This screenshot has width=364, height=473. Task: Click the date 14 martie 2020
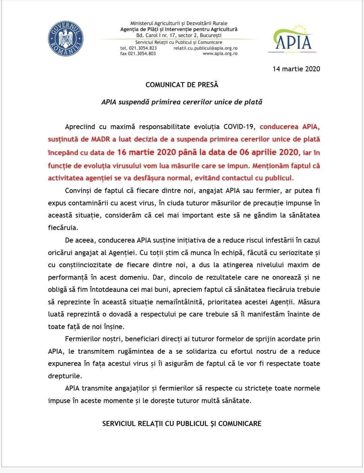pos(296,69)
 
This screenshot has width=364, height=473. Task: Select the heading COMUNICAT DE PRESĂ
pos(182,85)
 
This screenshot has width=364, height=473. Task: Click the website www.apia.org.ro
pos(220,53)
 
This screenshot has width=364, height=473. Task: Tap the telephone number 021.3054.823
pos(142,48)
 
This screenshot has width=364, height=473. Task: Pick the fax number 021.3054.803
pos(142,53)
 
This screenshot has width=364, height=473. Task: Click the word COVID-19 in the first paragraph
pos(240,127)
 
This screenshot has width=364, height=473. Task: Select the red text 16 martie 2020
pos(146,152)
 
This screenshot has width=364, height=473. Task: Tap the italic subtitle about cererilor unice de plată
pos(182,101)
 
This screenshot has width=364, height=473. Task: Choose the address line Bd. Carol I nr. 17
pos(179,35)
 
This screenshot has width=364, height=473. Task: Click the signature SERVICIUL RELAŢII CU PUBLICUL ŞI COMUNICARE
pos(182,423)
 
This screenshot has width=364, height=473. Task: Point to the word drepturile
pos(65,376)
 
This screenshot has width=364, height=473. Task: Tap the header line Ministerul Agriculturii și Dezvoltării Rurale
pos(179,23)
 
